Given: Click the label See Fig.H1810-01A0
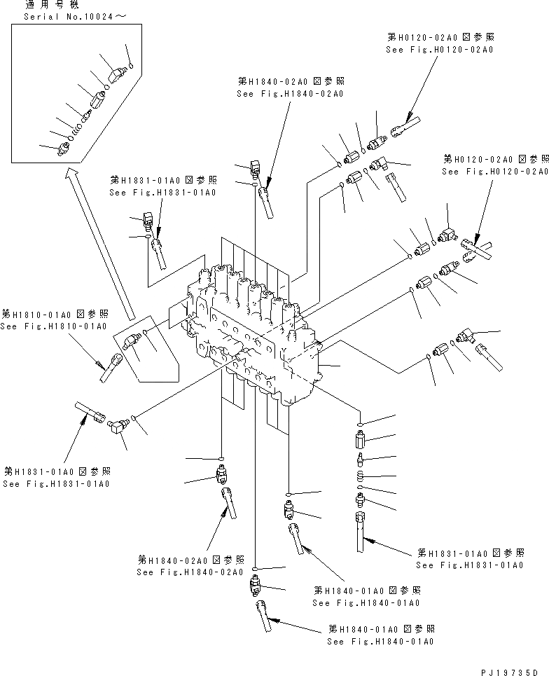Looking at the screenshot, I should pyautogui.click(x=53, y=326).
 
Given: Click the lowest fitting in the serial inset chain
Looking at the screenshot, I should pyautogui.click(x=64, y=148).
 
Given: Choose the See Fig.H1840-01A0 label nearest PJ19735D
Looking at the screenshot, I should pyautogui.click(x=381, y=641).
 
